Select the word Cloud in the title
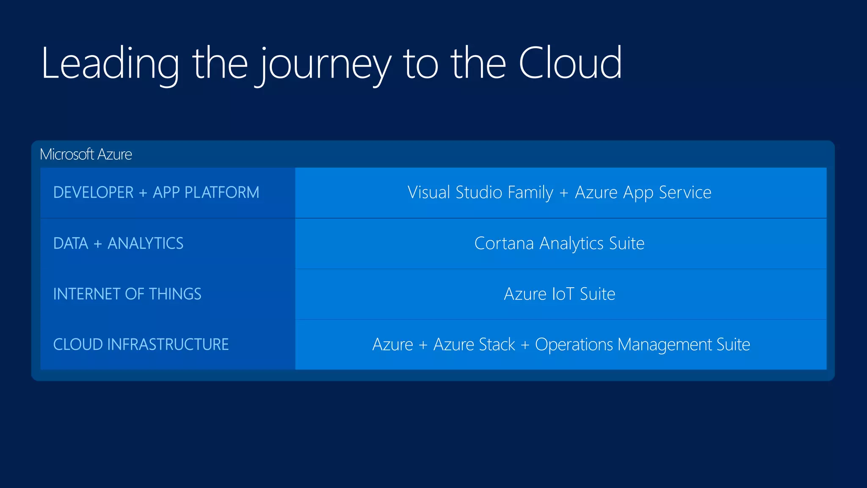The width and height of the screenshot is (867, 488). [x=570, y=64]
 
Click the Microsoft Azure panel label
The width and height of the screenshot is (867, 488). [x=86, y=154]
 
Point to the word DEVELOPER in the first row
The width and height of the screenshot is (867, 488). [x=94, y=193]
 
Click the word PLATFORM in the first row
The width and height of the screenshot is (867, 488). [x=222, y=193]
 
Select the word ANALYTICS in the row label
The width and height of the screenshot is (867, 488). [x=145, y=244]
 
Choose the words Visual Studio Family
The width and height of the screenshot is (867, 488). [x=480, y=193]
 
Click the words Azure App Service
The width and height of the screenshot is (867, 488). [x=643, y=193]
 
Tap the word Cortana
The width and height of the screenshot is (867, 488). [x=504, y=244]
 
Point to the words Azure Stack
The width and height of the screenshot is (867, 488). [x=474, y=344]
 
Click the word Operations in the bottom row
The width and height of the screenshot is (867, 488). [x=574, y=344]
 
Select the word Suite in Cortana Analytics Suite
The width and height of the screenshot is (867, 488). [x=627, y=244]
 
